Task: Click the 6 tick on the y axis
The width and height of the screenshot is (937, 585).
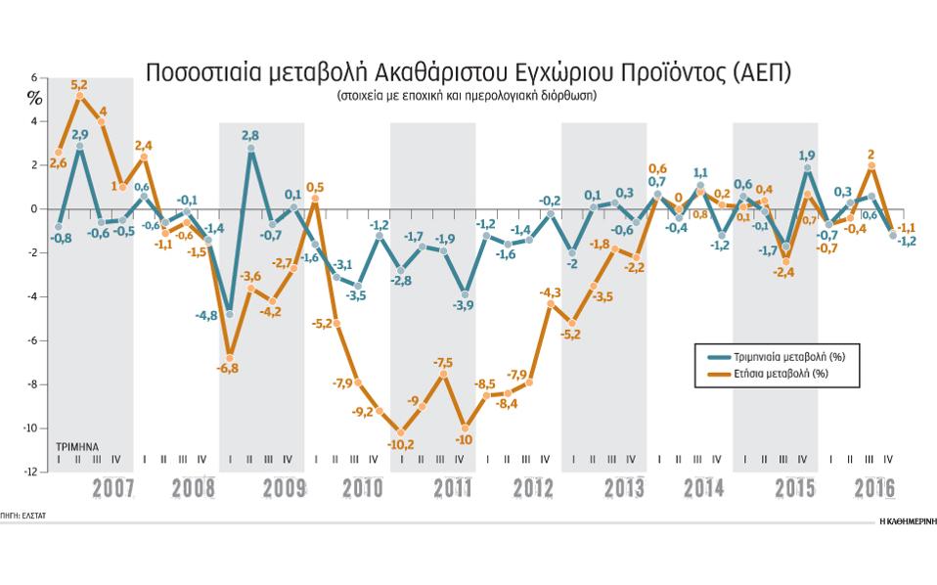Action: (x=34, y=77)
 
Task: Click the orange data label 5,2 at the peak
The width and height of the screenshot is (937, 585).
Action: (x=79, y=85)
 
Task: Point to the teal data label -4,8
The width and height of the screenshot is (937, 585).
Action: (x=206, y=316)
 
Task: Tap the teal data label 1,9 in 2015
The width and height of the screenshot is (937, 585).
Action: (x=808, y=155)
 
